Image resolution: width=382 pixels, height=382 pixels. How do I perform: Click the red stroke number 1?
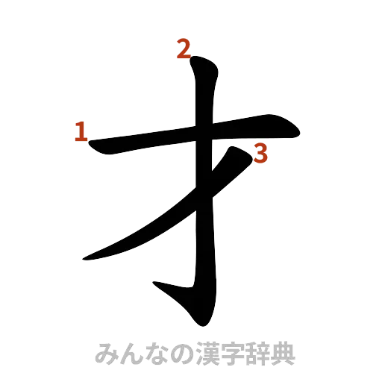click(80, 132)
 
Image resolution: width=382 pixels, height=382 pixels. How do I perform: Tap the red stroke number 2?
click(182, 50)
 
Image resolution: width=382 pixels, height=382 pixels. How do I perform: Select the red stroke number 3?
click(260, 154)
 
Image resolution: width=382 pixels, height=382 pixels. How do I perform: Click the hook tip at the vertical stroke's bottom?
click(154, 284)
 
